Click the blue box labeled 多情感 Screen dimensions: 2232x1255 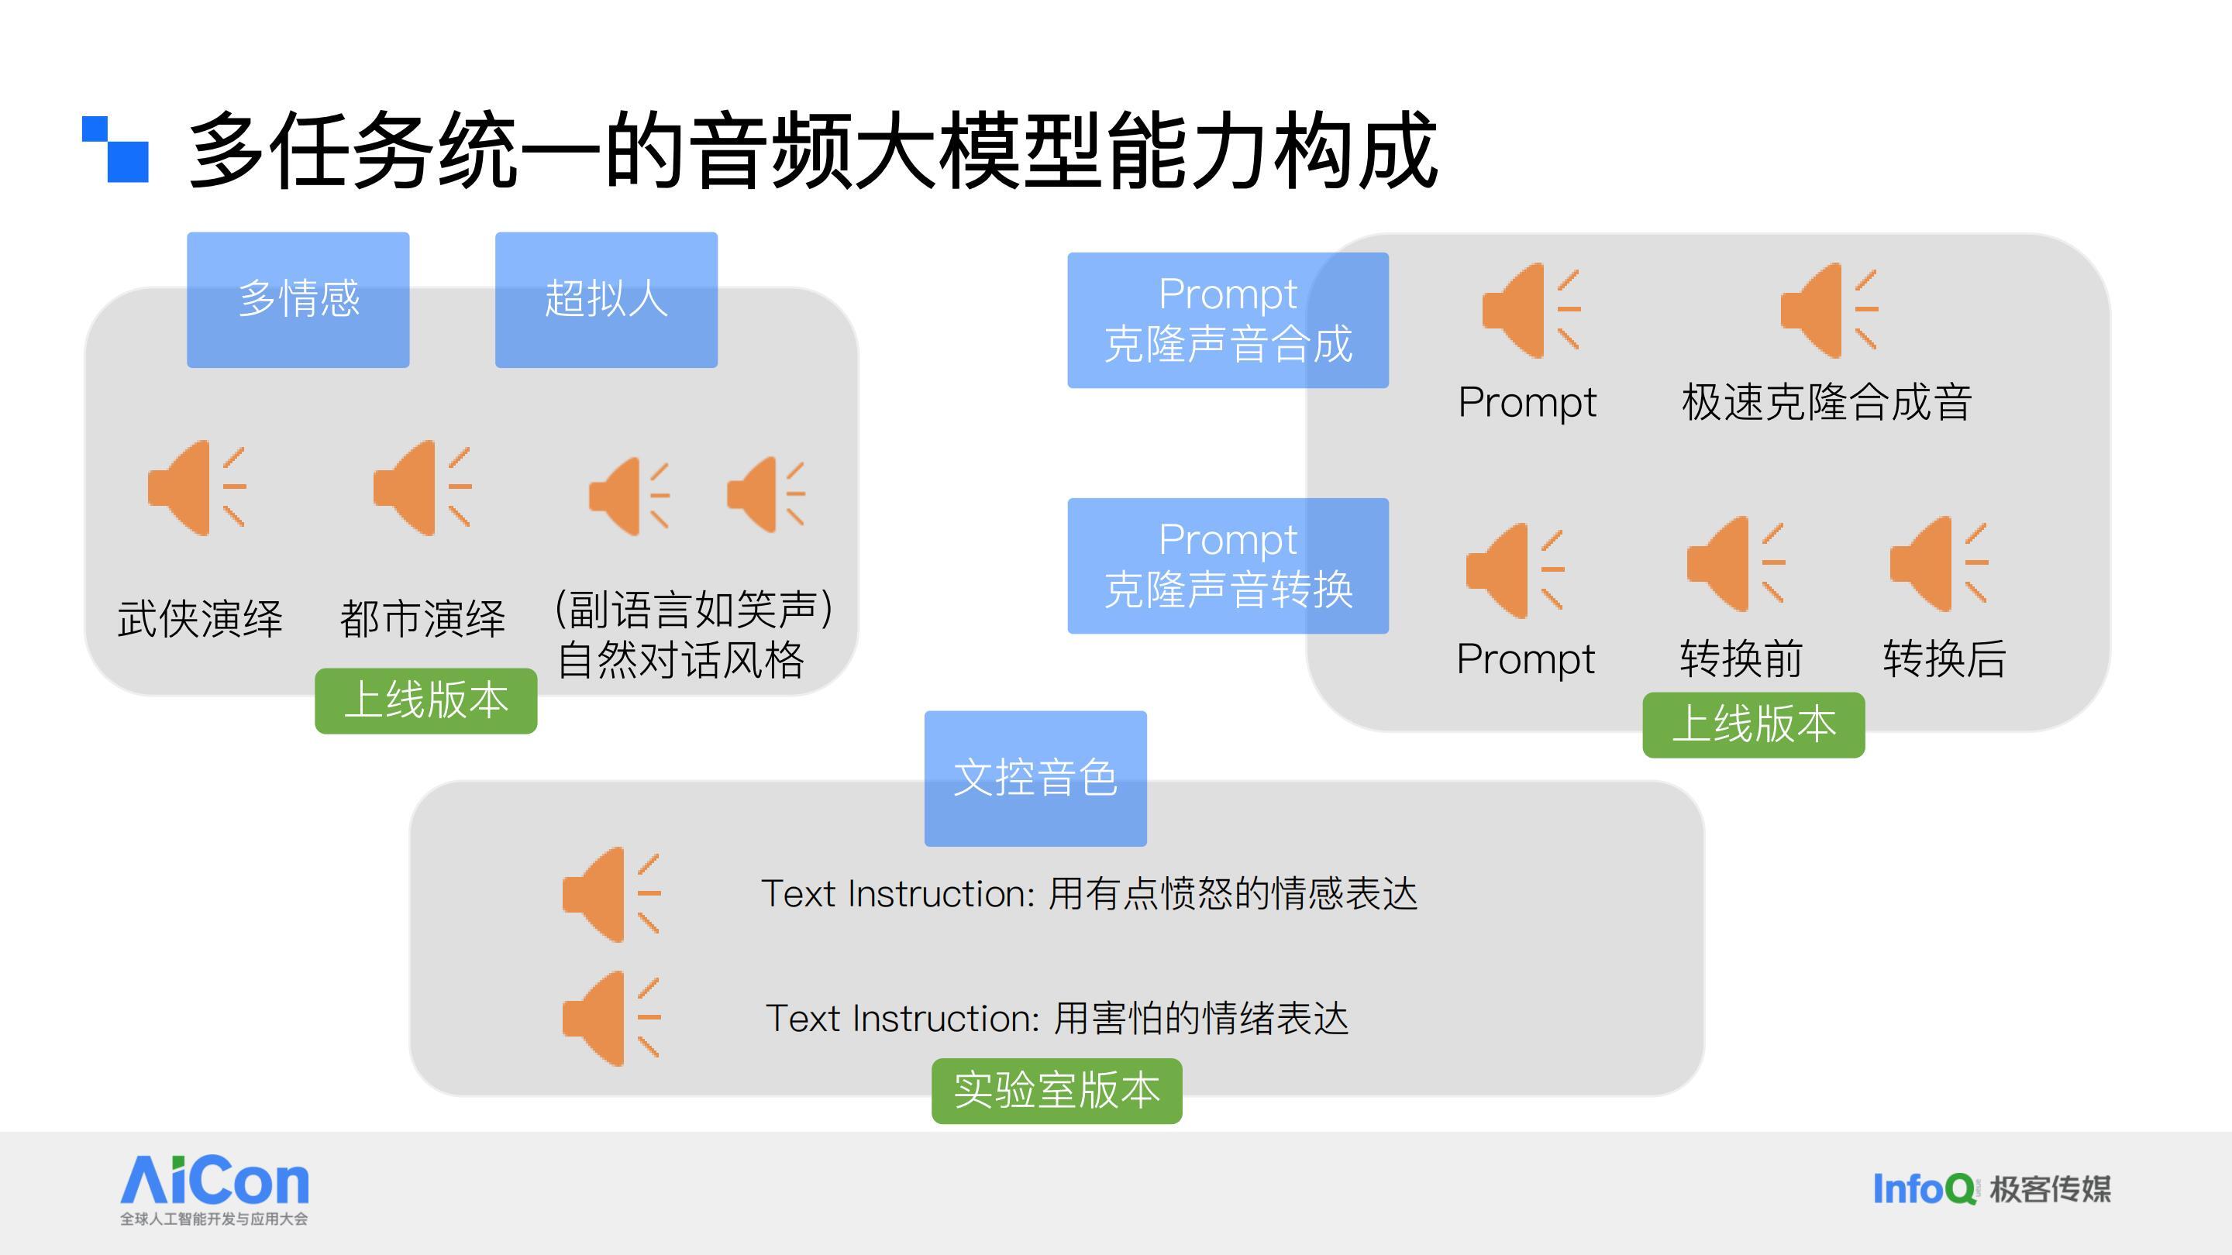(x=298, y=300)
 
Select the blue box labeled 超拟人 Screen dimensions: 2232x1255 (x=607, y=300)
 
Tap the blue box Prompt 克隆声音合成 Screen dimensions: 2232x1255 (x=1228, y=321)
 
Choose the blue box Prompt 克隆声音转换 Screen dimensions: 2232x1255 (x=1228, y=566)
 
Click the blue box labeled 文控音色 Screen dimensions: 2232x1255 (x=1035, y=779)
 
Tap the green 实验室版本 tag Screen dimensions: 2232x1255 (x=1057, y=1092)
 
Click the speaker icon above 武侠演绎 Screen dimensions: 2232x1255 (x=197, y=487)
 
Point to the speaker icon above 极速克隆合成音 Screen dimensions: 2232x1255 (x=1829, y=310)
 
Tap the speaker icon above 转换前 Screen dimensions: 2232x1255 (x=1735, y=564)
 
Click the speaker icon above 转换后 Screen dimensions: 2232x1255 (x=1938, y=564)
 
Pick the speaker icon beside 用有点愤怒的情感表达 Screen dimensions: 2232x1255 (x=611, y=894)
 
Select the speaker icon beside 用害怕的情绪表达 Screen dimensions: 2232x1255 (x=611, y=1018)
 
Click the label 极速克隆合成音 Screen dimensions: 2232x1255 (x=1827, y=402)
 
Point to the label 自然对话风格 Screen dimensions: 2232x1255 (x=681, y=660)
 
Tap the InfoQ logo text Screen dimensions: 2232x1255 (x=1924, y=1188)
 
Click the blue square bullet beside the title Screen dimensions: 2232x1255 (x=115, y=149)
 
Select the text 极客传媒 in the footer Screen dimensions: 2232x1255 (x=2050, y=1189)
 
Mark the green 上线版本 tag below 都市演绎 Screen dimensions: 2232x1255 (x=426, y=700)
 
